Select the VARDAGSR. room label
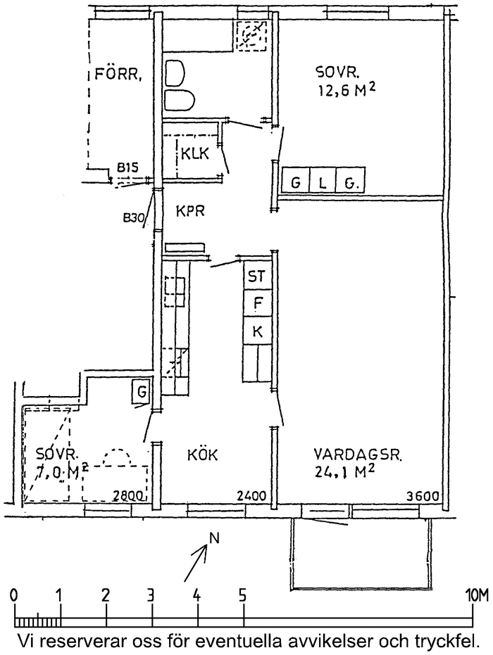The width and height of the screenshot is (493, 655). pyautogui.click(x=358, y=455)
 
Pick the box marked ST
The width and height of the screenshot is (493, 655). pyautogui.click(x=256, y=276)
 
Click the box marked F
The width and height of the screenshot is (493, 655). pyautogui.click(x=257, y=304)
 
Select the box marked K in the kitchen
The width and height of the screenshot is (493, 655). pyautogui.click(x=257, y=331)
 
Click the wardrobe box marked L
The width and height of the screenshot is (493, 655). pyautogui.click(x=323, y=184)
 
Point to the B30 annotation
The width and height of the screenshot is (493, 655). pyautogui.click(x=133, y=218)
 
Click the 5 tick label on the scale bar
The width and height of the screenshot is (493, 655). pyautogui.click(x=243, y=594)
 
